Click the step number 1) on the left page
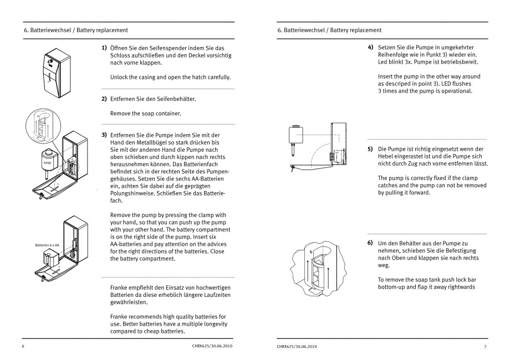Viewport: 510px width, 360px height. pyautogui.click(x=104, y=48)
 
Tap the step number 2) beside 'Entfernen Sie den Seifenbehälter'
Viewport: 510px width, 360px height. pyautogui.click(x=104, y=99)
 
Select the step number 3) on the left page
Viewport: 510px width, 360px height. pyautogui.click(x=104, y=135)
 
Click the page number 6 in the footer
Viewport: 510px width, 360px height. pyautogui.click(x=24, y=347)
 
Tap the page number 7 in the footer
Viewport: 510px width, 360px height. pyautogui.click(x=484, y=347)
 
